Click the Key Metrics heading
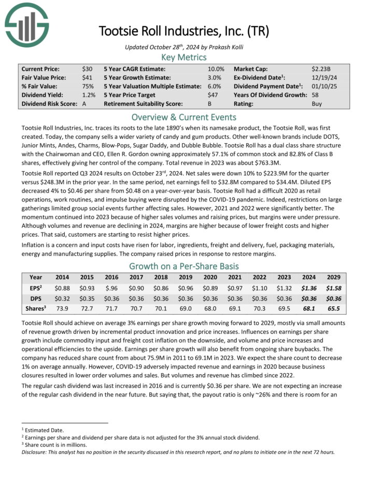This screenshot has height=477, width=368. pos(184,58)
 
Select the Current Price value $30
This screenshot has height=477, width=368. pos(87,69)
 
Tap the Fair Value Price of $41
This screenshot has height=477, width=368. pos(87,77)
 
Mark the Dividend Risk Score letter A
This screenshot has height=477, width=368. pos(84,104)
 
